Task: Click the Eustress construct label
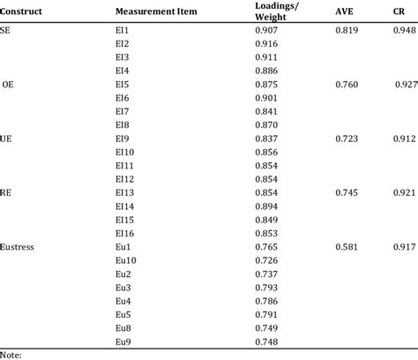click(x=19, y=246)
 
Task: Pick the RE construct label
click(x=7, y=191)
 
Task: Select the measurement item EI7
click(x=123, y=111)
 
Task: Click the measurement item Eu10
click(x=125, y=259)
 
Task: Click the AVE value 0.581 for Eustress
click(x=347, y=246)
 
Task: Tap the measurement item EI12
click(x=125, y=178)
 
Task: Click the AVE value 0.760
click(x=347, y=84)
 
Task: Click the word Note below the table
click(x=11, y=354)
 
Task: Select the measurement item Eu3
click(x=123, y=287)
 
